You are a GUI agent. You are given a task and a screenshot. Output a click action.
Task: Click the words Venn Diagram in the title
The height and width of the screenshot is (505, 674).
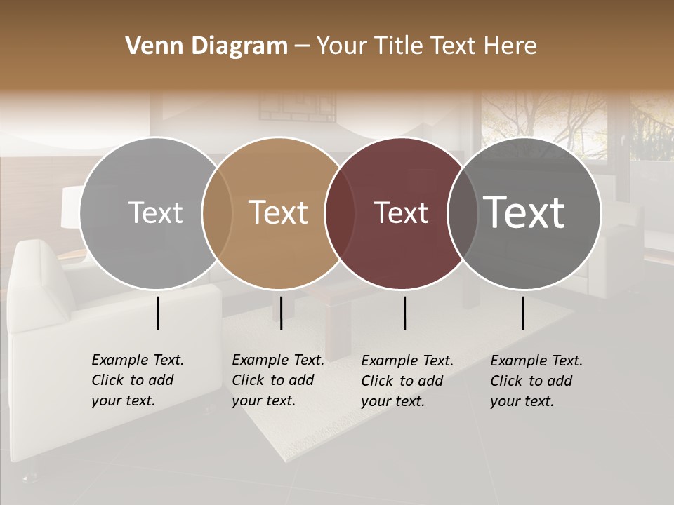pyautogui.click(x=206, y=46)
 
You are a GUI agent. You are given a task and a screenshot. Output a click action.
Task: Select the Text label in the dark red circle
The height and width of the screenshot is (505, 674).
pyautogui.click(x=401, y=213)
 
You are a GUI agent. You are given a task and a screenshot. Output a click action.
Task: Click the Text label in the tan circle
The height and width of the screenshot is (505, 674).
pyautogui.click(x=279, y=213)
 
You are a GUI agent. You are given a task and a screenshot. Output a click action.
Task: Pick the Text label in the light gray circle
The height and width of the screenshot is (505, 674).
pyautogui.click(x=155, y=213)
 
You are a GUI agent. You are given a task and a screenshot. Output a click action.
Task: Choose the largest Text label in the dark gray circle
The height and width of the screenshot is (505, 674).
pyautogui.click(x=524, y=212)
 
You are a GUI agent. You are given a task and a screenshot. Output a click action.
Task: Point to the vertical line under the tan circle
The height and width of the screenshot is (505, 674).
pyautogui.click(x=281, y=313)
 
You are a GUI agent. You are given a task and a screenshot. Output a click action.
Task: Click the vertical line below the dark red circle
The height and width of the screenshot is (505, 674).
pyautogui.click(x=404, y=313)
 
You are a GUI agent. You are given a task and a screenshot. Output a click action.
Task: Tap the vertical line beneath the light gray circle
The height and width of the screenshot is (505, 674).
pyautogui.click(x=157, y=313)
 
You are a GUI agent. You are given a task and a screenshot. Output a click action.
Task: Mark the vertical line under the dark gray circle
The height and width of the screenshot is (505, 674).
pyautogui.click(x=522, y=313)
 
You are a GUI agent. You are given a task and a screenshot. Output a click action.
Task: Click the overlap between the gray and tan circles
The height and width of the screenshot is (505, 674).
pyautogui.click(x=217, y=213)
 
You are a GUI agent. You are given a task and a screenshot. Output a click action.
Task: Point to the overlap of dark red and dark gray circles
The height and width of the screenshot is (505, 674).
pyautogui.click(x=460, y=213)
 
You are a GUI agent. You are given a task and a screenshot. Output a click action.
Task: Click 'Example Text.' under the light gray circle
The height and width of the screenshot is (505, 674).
pyautogui.click(x=138, y=360)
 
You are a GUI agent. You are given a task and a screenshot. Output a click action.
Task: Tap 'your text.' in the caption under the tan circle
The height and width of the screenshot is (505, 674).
pyautogui.click(x=263, y=400)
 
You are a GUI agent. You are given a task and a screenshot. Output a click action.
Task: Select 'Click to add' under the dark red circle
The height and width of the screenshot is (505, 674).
pyautogui.click(x=402, y=381)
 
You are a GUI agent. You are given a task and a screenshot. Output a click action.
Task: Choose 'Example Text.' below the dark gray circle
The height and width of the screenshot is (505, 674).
pyautogui.click(x=536, y=361)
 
